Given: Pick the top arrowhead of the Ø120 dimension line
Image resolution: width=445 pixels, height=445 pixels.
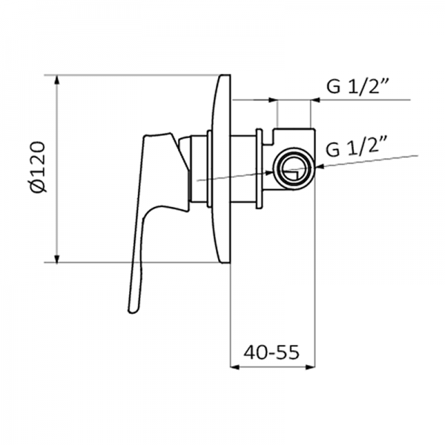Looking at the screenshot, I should (x=58, y=79).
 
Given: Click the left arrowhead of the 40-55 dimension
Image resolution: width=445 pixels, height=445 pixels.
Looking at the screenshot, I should (x=236, y=366).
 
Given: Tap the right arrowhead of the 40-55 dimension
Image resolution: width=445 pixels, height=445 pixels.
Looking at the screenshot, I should (x=312, y=366).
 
